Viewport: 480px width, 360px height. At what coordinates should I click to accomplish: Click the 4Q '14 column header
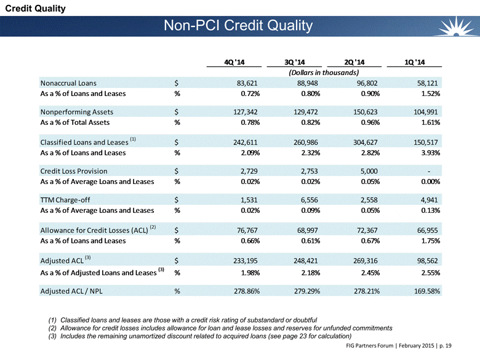234,62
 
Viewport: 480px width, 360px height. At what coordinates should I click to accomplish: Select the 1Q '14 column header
415,62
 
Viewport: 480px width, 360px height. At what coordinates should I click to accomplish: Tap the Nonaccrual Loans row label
68,83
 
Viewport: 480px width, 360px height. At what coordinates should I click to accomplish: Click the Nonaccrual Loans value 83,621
247,83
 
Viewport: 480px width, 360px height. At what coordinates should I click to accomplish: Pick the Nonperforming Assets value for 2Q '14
365,112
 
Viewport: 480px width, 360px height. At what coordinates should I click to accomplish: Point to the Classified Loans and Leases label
84,142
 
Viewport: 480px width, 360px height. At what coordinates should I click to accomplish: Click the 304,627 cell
365,142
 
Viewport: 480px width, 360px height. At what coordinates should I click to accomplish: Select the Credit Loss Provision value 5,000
369,171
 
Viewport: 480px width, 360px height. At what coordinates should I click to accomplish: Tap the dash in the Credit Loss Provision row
428,172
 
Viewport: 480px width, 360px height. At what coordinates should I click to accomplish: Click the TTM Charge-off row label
65,200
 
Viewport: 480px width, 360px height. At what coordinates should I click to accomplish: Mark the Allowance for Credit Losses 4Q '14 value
247,230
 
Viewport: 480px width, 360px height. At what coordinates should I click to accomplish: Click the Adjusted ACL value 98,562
427,261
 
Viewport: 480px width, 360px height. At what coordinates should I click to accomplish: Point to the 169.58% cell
427,291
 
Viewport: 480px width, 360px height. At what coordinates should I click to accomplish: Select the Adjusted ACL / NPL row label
71,291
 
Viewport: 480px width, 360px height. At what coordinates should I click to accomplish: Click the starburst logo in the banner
456,26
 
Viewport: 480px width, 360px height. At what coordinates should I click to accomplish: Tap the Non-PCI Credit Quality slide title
238,25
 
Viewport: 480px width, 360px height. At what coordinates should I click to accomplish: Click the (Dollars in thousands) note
324,73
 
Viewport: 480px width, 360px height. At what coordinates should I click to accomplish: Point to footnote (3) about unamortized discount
199,336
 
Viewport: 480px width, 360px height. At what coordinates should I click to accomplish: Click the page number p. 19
446,346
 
